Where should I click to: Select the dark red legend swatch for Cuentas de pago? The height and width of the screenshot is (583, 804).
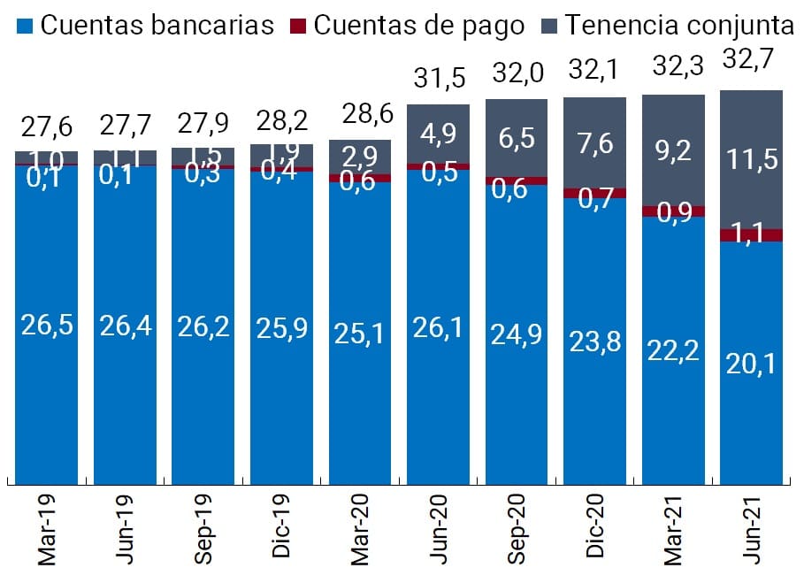[x=300, y=25]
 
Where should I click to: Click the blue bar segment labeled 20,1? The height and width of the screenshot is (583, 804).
[x=751, y=362]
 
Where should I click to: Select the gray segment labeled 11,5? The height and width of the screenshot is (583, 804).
[x=751, y=159]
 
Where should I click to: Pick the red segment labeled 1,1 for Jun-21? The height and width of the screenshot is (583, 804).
[x=751, y=235]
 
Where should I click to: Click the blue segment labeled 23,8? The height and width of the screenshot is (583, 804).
[x=595, y=341]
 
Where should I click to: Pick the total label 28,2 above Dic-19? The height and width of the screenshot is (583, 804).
[x=282, y=119]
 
